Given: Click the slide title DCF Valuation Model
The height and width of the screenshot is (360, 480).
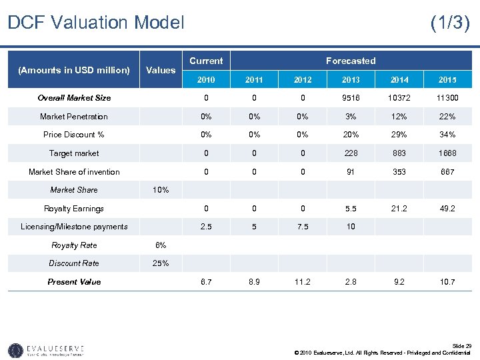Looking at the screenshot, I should point(95,23).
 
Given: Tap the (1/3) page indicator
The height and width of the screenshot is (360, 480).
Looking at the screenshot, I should point(450,23).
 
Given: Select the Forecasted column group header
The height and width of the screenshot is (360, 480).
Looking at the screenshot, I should point(351,61).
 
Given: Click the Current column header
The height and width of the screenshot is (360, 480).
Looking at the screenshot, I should point(206,61).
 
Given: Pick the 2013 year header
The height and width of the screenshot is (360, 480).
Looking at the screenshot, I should point(351,80).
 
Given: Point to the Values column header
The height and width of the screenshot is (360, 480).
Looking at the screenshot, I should point(161,70).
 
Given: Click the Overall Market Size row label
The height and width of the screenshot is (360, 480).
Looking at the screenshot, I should point(74,98).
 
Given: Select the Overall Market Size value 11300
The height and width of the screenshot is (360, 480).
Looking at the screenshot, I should point(447,98).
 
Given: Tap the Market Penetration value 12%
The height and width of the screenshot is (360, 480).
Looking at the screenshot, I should point(399,117).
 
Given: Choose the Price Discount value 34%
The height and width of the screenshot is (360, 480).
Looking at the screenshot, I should point(447,135).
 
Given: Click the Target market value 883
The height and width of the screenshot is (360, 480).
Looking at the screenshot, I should point(399,153).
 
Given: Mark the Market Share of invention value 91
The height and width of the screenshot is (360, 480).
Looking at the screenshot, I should point(351,172).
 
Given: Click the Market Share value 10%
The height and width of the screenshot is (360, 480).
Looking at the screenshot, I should point(161,190).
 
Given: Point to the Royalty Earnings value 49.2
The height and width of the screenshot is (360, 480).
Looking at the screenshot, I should point(447,208).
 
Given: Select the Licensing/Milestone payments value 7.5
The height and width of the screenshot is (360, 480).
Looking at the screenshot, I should point(303,227).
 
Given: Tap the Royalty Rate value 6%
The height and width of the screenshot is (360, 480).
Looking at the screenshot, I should point(161,245).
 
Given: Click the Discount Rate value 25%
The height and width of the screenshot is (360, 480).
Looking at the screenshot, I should point(161,263).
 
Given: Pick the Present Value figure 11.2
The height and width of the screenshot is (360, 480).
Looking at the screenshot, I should point(303,282).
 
